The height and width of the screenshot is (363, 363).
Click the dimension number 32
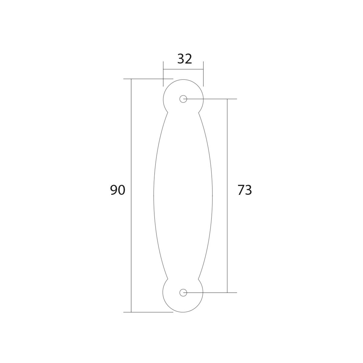tap(185, 59)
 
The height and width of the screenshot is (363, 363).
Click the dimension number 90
tap(118, 190)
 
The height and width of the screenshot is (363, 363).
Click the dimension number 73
tap(245, 190)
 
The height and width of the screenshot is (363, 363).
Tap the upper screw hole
tap(183, 99)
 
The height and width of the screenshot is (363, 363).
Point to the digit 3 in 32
tap(181, 59)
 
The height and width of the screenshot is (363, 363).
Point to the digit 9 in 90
tap(114, 190)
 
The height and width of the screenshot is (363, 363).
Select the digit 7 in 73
tap(241, 190)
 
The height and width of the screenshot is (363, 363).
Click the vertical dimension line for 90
tap(131, 195)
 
